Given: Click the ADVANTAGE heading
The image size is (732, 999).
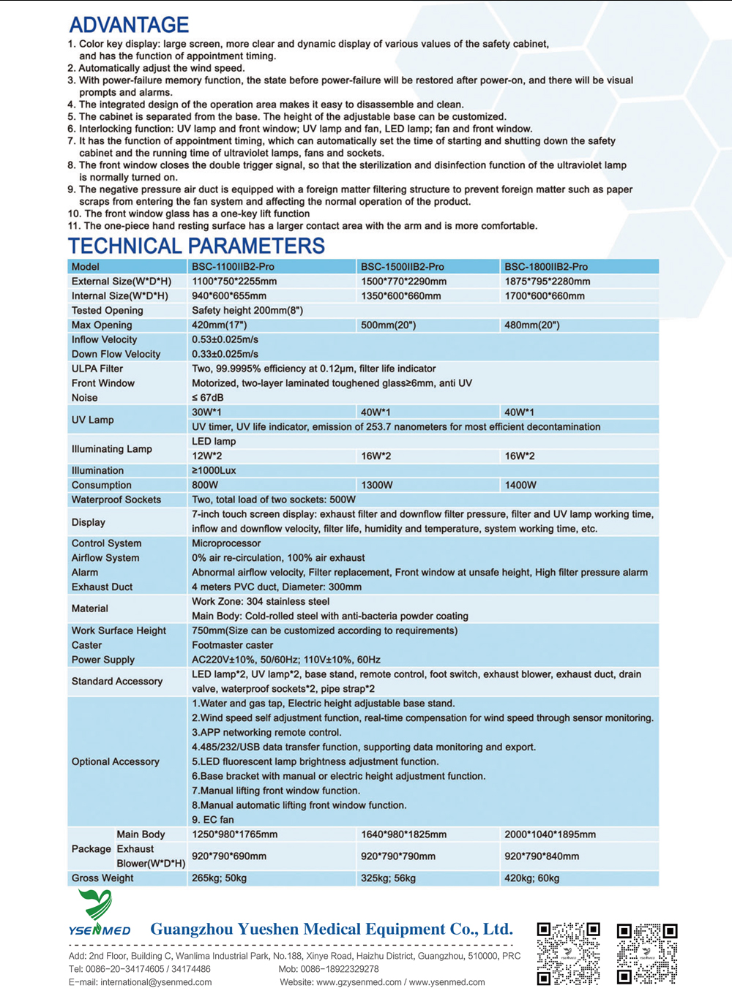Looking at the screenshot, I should point(129,25).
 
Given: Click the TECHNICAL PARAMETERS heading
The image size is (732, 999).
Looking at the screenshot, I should point(196,246).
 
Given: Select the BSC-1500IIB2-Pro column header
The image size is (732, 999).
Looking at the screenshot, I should point(402,267).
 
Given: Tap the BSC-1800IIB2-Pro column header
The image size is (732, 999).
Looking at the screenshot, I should point(545,267).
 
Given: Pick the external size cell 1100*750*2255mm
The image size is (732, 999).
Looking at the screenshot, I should point(234,282).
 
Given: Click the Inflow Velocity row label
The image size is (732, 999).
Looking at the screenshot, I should point(104,339).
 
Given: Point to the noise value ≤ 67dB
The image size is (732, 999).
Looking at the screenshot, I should point(208,398).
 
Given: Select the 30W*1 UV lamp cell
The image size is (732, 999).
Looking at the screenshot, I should point(207,412).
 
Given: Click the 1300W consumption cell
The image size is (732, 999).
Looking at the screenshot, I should point(377,485).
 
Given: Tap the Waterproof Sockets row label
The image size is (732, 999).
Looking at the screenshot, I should point(116,499).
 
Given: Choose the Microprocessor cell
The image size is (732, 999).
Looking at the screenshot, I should point(226,543).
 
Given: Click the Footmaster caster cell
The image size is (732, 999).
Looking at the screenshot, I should point(232,645).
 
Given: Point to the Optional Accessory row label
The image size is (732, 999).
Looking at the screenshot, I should point(115,761).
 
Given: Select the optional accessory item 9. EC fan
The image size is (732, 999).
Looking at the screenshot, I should point(213,820).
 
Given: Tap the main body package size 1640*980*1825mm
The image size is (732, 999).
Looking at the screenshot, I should point(403,834).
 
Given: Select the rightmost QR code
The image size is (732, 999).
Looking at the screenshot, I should point(647,953).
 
